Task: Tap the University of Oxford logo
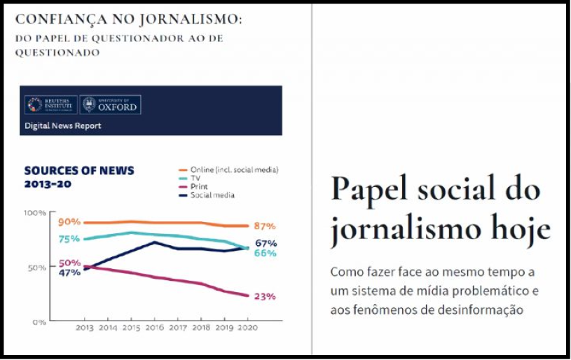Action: click(111, 105)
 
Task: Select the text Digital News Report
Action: click(63, 126)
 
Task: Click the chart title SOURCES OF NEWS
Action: click(79, 170)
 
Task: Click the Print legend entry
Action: click(199, 187)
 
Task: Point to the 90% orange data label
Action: click(69, 222)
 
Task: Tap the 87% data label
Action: click(264, 226)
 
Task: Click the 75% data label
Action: click(69, 239)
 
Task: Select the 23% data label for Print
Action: click(264, 296)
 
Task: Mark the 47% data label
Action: click(69, 272)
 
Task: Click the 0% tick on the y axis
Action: click(39, 322)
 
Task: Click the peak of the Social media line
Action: click(155, 242)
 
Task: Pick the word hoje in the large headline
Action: click(516, 229)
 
